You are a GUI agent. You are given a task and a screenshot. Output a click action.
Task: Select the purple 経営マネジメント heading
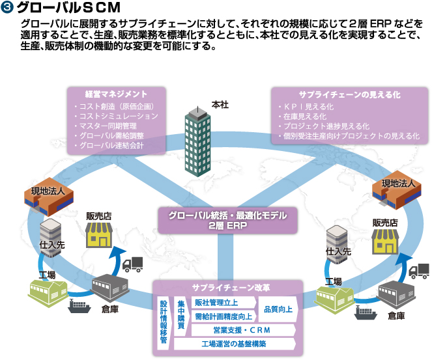coord(117,94)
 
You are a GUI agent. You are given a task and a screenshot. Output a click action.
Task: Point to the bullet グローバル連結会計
coord(110,145)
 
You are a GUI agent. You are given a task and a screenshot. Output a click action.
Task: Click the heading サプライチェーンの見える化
coord(349,94)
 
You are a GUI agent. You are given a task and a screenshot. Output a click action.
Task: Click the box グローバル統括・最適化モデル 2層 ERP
coord(216,219)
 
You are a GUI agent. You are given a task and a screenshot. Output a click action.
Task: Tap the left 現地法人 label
coord(49,191)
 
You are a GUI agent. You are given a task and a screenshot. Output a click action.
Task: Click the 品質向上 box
coord(277,310)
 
